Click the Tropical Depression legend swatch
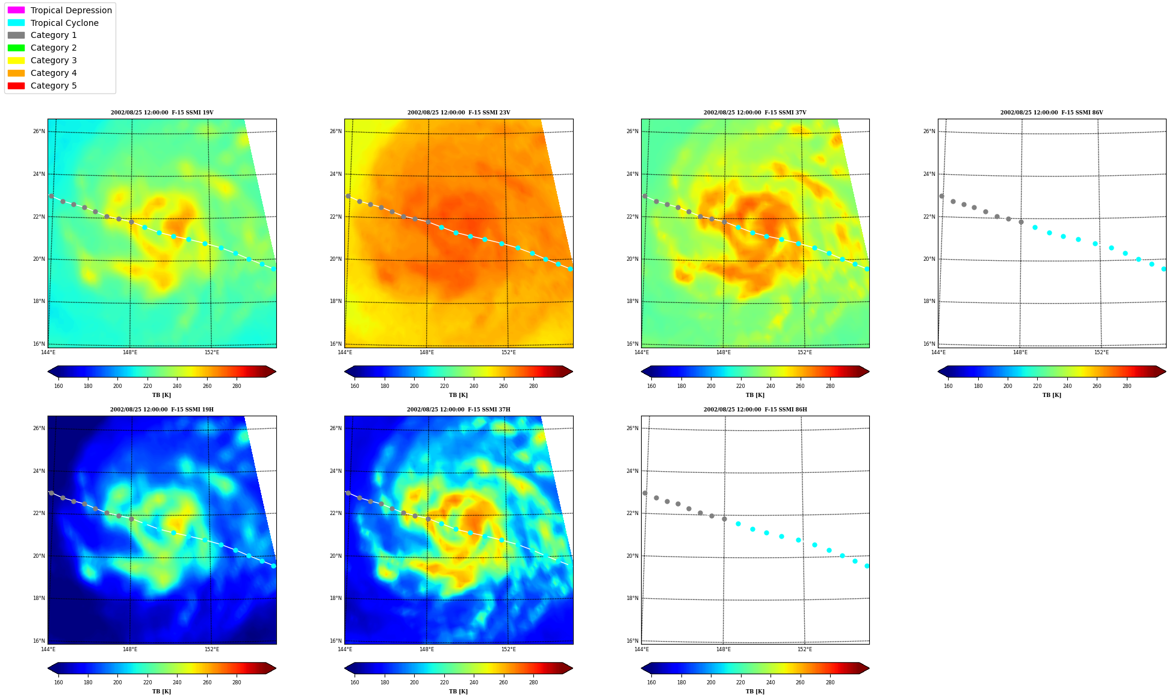(16, 10)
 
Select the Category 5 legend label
(54, 86)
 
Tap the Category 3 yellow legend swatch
(16, 60)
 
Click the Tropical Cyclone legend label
(64, 23)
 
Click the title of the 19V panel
(162, 113)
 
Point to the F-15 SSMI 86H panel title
(755, 410)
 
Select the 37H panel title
(459, 410)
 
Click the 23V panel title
(459, 113)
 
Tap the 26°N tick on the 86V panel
(929, 131)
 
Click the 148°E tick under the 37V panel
(724, 352)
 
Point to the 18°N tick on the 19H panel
(39, 598)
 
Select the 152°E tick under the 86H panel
(805, 649)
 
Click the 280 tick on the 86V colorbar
(1127, 386)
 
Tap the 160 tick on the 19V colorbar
(58, 386)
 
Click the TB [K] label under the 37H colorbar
(458, 692)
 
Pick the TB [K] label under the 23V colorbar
(458, 395)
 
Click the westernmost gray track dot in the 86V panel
(941, 196)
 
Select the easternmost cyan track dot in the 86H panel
(867, 566)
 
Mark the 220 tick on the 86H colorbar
(740, 683)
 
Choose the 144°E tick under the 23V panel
(345, 352)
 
